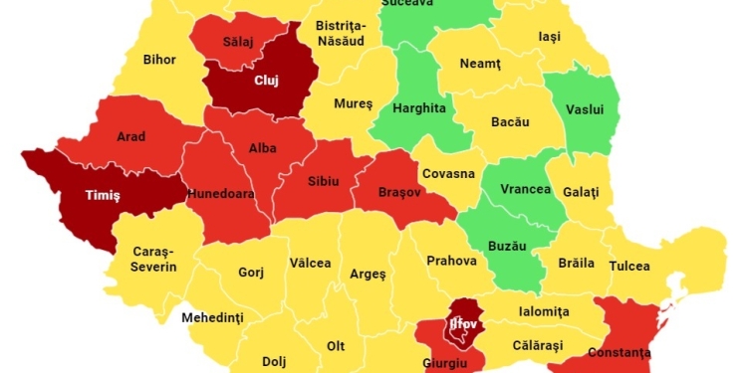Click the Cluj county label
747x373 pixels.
pyautogui.click(x=266, y=81)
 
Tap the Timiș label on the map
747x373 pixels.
pyautogui.click(x=102, y=197)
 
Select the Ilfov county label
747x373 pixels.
pyautogui.click(x=464, y=323)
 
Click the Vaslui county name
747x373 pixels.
pyautogui.click(x=585, y=109)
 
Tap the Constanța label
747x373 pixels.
pyautogui.click(x=620, y=352)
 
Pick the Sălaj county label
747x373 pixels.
pyautogui.click(x=239, y=44)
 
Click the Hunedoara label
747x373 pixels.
pyautogui.click(x=220, y=195)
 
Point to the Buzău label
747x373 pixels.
pyautogui.click(x=507, y=243)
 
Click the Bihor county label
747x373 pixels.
pyautogui.click(x=159, y=60)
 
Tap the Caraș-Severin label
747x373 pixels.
pyautogui.click(x=154, y=260)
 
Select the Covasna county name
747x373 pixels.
pyautogui.click(x=448, y=173)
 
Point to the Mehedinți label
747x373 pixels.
pyautogui.click(x=212, y=318)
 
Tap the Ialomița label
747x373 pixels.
pyautogui.click(x=544, y=311)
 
